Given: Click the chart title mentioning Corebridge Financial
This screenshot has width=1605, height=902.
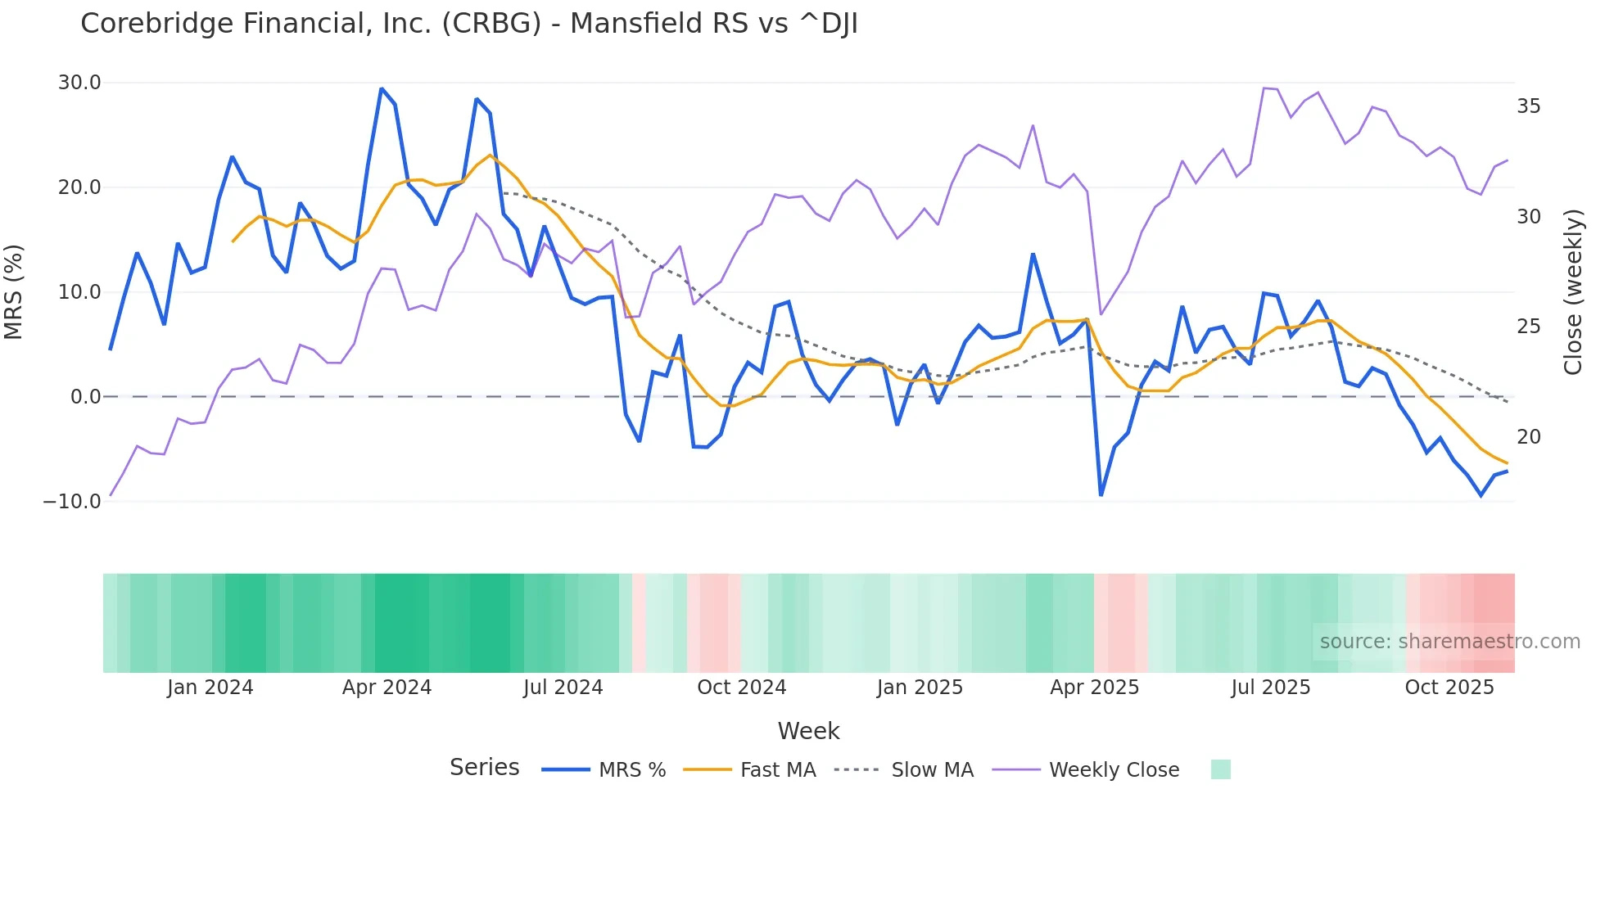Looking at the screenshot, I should pos(468,24).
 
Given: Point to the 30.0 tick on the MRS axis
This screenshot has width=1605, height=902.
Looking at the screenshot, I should pos(79,83).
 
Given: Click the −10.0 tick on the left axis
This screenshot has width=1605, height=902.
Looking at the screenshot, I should pos(72,502).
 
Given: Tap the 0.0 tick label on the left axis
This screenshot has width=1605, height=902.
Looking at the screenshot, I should pos(85,397).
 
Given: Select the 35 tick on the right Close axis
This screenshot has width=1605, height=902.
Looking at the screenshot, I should pos(1528,106).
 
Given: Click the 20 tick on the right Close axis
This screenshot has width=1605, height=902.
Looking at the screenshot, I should pos(1528,437).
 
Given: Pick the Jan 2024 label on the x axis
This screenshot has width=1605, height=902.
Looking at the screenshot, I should pos(210,688).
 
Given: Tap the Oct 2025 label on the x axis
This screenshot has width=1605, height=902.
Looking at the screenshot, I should pos(1449,688).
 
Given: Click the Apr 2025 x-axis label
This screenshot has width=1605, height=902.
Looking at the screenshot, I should pos(1094,688).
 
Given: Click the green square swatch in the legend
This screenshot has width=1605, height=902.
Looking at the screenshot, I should pos(1220,769).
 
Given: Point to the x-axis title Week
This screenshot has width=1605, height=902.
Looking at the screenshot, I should pos(808,731).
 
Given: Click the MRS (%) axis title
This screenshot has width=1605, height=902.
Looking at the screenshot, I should pos(14,291).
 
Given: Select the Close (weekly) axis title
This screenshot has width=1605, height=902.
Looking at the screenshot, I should pos(1572,291).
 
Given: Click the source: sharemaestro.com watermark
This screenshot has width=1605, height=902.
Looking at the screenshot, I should pos(1449,642).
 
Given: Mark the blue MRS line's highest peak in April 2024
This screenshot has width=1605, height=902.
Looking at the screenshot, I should pos(382,88).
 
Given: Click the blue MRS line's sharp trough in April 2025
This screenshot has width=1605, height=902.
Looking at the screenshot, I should pos(1101,495).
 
